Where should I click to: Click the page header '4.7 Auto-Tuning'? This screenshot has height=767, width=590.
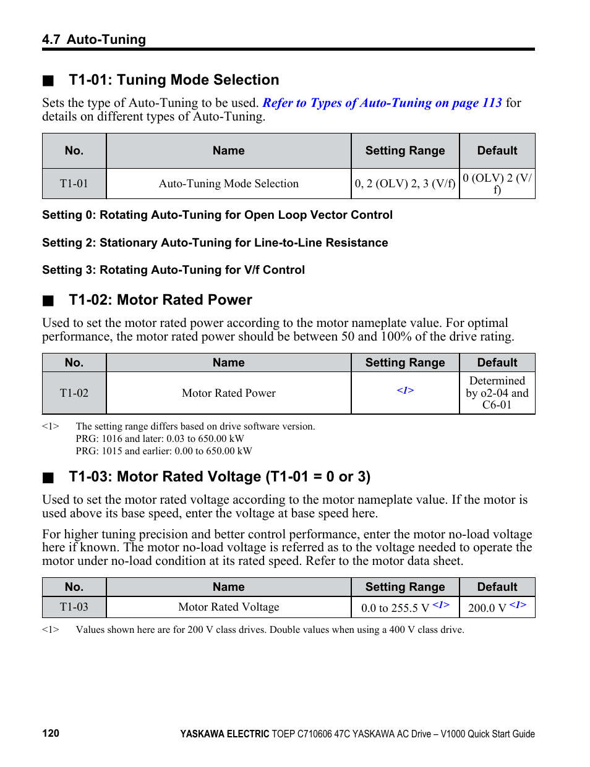click(94, 40)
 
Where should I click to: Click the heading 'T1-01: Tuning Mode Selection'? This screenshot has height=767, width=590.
click(174, 80)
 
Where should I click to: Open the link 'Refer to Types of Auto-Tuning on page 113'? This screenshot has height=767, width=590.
click(382, 103)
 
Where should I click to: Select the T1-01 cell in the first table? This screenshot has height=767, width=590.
click(74, 184)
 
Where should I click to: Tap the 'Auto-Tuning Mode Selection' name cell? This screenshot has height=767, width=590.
click(228, 184)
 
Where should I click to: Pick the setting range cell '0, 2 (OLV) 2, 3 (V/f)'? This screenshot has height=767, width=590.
click(405, 184)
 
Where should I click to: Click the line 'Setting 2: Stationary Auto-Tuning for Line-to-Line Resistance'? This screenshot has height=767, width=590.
click(215, 243)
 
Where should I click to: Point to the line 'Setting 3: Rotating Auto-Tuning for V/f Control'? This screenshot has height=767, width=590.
click(173, 270)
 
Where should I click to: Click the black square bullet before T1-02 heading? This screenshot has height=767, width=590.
click(48, 301)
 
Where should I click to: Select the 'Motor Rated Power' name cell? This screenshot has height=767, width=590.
click(228, 393)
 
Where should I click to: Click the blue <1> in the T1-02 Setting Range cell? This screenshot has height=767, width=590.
click(405, 391)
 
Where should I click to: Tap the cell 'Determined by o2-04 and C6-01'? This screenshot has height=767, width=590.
click(497, 393)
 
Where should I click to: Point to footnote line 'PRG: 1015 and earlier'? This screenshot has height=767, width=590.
click(164, 451)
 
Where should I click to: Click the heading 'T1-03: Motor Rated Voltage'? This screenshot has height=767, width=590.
click(220, 477)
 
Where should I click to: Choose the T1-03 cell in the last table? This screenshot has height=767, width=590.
click(74, 607)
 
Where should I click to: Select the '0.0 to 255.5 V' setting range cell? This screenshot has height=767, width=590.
click(405, 608)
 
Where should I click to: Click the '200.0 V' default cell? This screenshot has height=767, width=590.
click(497, 608)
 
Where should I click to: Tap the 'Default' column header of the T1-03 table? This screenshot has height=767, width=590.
click(497, 587)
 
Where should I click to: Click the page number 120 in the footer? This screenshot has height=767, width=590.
click(51, 733)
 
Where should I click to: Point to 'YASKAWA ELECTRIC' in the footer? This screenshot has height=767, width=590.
click(224, 734)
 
